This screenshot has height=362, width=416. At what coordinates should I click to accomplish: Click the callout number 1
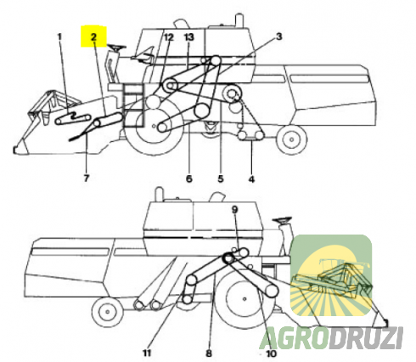(59, 37)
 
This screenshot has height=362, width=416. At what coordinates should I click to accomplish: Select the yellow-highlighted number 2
(93, 37)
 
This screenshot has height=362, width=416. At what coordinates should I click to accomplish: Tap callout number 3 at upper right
(279, 37)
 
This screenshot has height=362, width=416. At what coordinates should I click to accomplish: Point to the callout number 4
(251, 179)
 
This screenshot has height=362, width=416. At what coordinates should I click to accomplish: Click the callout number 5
(221, 179)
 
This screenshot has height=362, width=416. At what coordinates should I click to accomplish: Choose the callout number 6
(189, 179)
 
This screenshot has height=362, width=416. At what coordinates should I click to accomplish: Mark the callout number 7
(87, 178)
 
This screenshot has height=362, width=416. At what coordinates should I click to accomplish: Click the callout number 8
(209, 354)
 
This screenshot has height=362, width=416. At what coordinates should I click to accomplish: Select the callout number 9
(235, 210)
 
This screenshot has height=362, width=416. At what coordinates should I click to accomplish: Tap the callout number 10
(271, 354)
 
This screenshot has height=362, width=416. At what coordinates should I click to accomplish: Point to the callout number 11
(147, 353)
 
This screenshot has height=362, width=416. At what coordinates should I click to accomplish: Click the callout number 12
(168, 37)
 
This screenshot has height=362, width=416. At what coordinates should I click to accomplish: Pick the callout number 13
(188, 37)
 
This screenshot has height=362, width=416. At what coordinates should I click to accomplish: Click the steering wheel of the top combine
(116, 48)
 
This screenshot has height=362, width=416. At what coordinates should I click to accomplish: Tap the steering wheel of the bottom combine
(282, 219)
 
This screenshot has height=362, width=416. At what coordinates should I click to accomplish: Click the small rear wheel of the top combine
(292, 139)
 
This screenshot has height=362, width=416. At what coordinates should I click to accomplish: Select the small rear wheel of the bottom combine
(107, 312)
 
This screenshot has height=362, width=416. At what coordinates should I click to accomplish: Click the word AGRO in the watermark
(295, 338)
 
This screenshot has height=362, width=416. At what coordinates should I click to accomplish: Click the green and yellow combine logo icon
(331, 275)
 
